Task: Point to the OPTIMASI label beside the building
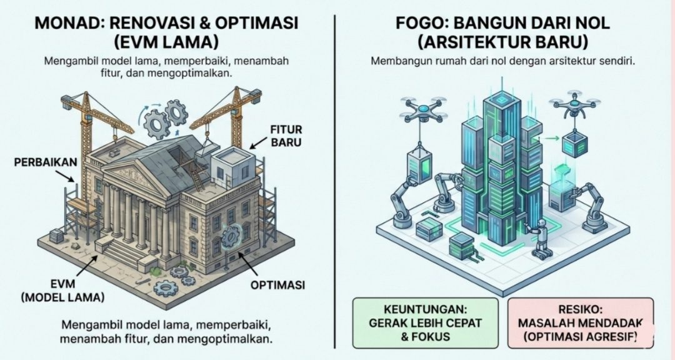(277, 285)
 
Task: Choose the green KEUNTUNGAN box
(425, 322)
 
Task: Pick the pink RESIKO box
(580, 322)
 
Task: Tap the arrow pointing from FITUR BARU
(257, 141)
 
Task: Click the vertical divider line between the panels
(336, 181)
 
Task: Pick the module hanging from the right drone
(573, 144)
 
